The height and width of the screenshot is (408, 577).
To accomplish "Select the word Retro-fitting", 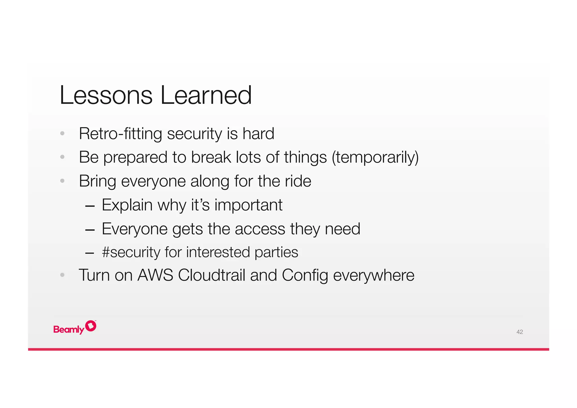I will coord(120,134).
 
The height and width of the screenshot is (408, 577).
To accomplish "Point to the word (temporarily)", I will coord(375,157).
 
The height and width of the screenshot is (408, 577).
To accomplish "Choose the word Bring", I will coord(97,181).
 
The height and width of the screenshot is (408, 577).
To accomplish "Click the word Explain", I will coord(127,205).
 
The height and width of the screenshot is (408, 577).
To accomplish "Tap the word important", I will coord(248,205).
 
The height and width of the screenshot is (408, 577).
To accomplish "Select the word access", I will coord(260,229).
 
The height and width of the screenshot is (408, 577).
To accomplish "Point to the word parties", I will coord(276,252).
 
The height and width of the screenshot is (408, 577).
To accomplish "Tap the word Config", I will coord(305,275).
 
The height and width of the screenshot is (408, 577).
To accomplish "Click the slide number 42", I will coord(520,332).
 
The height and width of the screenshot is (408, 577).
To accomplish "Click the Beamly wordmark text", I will coord(69,329).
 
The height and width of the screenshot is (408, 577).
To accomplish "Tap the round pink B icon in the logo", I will coord(91,326).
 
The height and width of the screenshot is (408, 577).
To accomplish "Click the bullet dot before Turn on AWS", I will coord(62,275).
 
